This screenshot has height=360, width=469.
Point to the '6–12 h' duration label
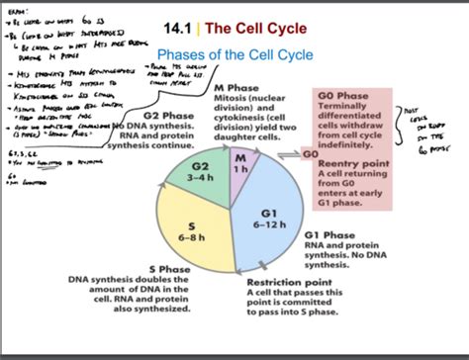click(268, 224)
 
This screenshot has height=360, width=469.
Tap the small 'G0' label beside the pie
click(310, 155)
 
